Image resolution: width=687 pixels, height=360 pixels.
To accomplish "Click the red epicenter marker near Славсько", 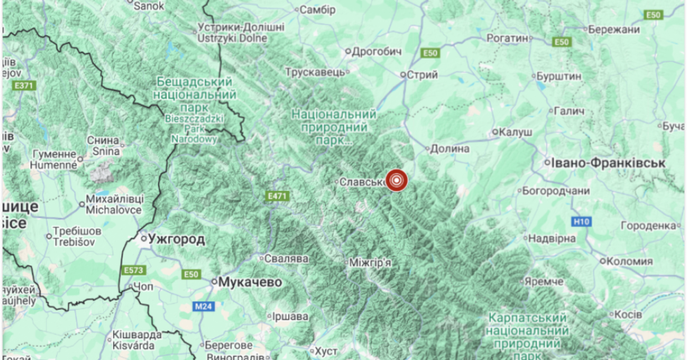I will pyautogui.click(x=396, y=180).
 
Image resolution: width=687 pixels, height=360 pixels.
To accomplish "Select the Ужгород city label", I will pyautogui.click(x=175, y=239).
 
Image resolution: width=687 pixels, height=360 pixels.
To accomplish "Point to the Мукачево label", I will pyautogui.click(x=249, y=283).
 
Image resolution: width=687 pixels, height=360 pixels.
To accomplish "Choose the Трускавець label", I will pyautogui.click(x=316, y=73).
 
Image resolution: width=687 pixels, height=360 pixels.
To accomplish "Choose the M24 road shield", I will pyautogui.click(x=204, y=307).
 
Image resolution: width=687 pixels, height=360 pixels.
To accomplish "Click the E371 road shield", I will pyautogui.click(x=24, y=85).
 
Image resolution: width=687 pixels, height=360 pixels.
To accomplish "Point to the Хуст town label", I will pyautogui.click(x=323, y=351).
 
